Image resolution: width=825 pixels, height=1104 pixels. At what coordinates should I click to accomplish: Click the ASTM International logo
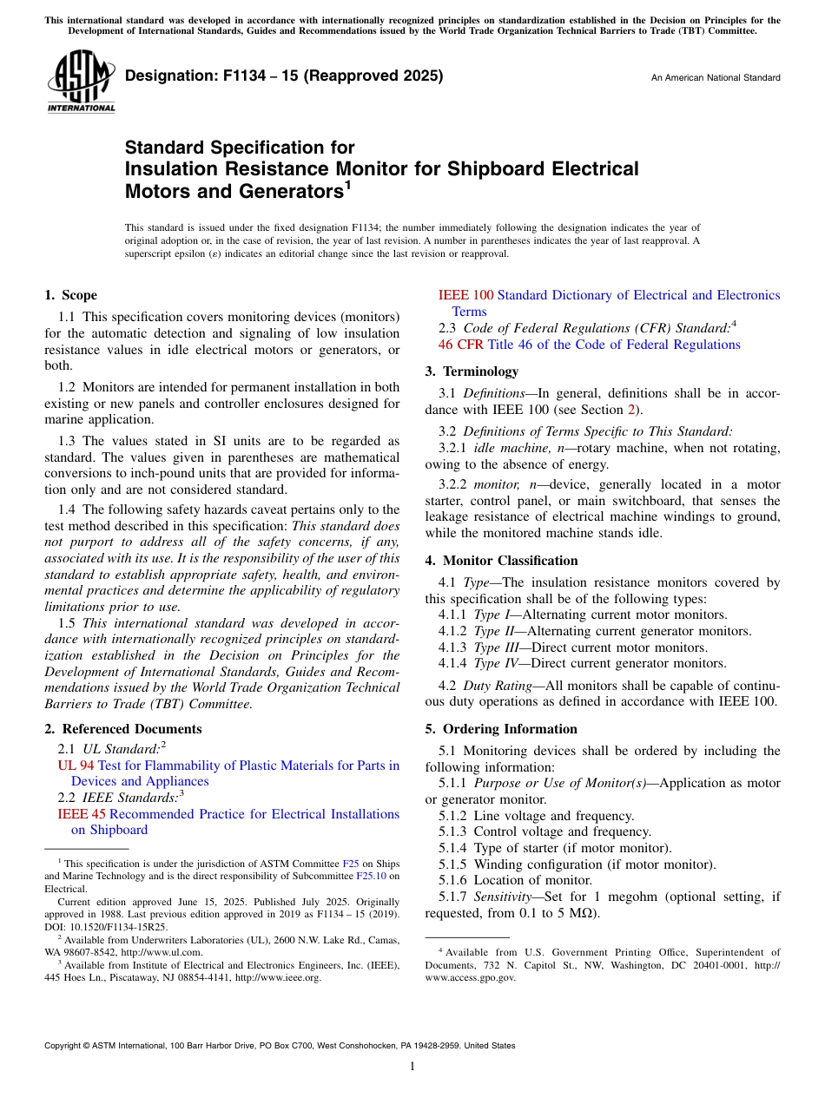point(81,82)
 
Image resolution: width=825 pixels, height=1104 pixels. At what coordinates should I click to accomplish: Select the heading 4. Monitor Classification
point(501,561)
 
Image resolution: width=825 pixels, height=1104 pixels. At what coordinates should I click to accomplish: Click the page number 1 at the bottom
point(412,1067)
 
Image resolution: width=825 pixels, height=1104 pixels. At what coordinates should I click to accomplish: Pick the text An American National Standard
point(716,78)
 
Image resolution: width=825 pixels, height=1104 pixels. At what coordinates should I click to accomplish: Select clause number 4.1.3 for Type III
point(453,647)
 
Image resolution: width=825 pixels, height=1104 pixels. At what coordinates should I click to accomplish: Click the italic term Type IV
point(497,663)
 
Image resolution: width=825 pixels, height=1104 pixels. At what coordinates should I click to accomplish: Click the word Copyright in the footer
point(66,1046)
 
